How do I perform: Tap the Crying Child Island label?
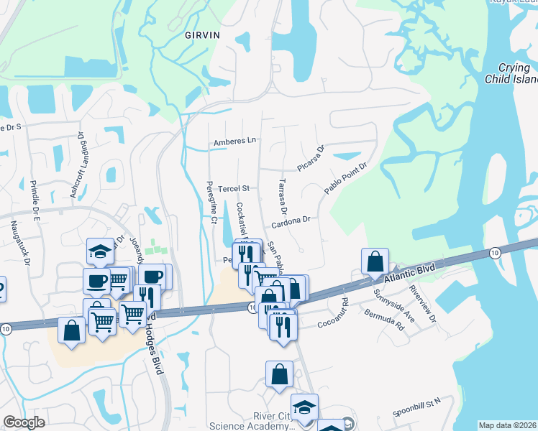tap(510, 73)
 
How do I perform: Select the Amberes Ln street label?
tap(235, 142)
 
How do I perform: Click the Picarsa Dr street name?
tap(312, 158)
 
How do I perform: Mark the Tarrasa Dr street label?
tap(283, 198)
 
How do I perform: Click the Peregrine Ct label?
tap(211, 203)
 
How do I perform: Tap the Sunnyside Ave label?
tap(393, 305)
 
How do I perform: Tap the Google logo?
tap(24, 422)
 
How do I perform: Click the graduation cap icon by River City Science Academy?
tap(304, 407)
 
